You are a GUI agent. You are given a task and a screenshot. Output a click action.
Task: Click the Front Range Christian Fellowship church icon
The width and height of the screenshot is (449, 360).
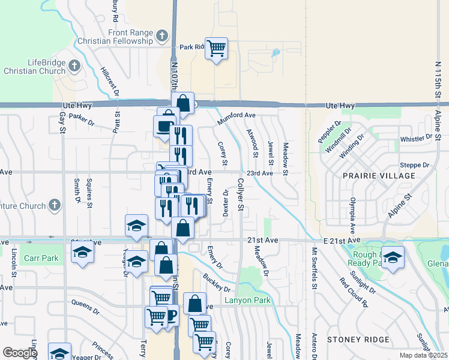161,36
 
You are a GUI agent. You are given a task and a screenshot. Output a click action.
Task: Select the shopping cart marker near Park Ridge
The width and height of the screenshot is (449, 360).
216,48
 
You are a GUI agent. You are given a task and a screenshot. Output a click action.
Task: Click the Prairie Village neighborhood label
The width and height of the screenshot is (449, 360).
379,175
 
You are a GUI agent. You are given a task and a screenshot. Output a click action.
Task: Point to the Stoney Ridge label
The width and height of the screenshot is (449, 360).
359,340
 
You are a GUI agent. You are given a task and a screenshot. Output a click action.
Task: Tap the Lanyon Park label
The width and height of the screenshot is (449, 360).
247,300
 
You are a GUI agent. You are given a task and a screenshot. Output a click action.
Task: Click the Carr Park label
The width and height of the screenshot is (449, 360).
41,259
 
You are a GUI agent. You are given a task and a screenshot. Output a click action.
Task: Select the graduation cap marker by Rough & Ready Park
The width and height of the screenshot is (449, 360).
393,257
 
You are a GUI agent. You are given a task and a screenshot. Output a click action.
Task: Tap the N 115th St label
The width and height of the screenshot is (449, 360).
438,78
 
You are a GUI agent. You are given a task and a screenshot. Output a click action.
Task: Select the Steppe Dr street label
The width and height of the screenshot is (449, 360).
418,164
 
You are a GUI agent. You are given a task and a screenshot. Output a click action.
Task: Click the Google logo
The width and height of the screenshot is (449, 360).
20,353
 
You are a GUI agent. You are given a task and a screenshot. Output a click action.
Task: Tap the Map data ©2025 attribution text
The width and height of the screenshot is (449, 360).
423,355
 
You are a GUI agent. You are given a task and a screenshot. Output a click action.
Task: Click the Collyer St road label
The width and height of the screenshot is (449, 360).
240,194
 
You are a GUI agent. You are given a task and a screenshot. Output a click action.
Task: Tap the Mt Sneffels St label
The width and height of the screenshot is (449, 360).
313,265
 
